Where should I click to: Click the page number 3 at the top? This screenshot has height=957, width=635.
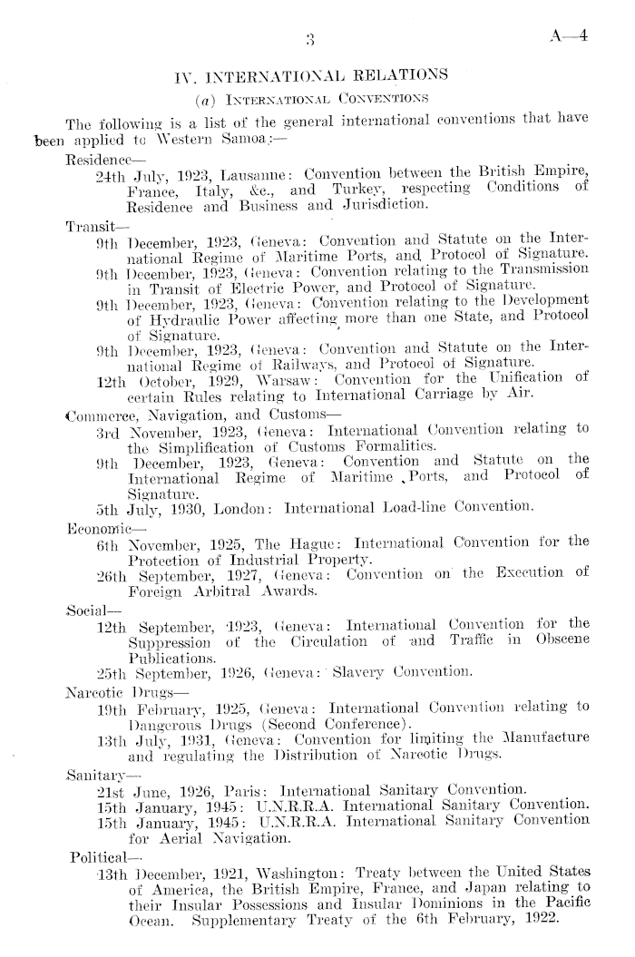point(310,37)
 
